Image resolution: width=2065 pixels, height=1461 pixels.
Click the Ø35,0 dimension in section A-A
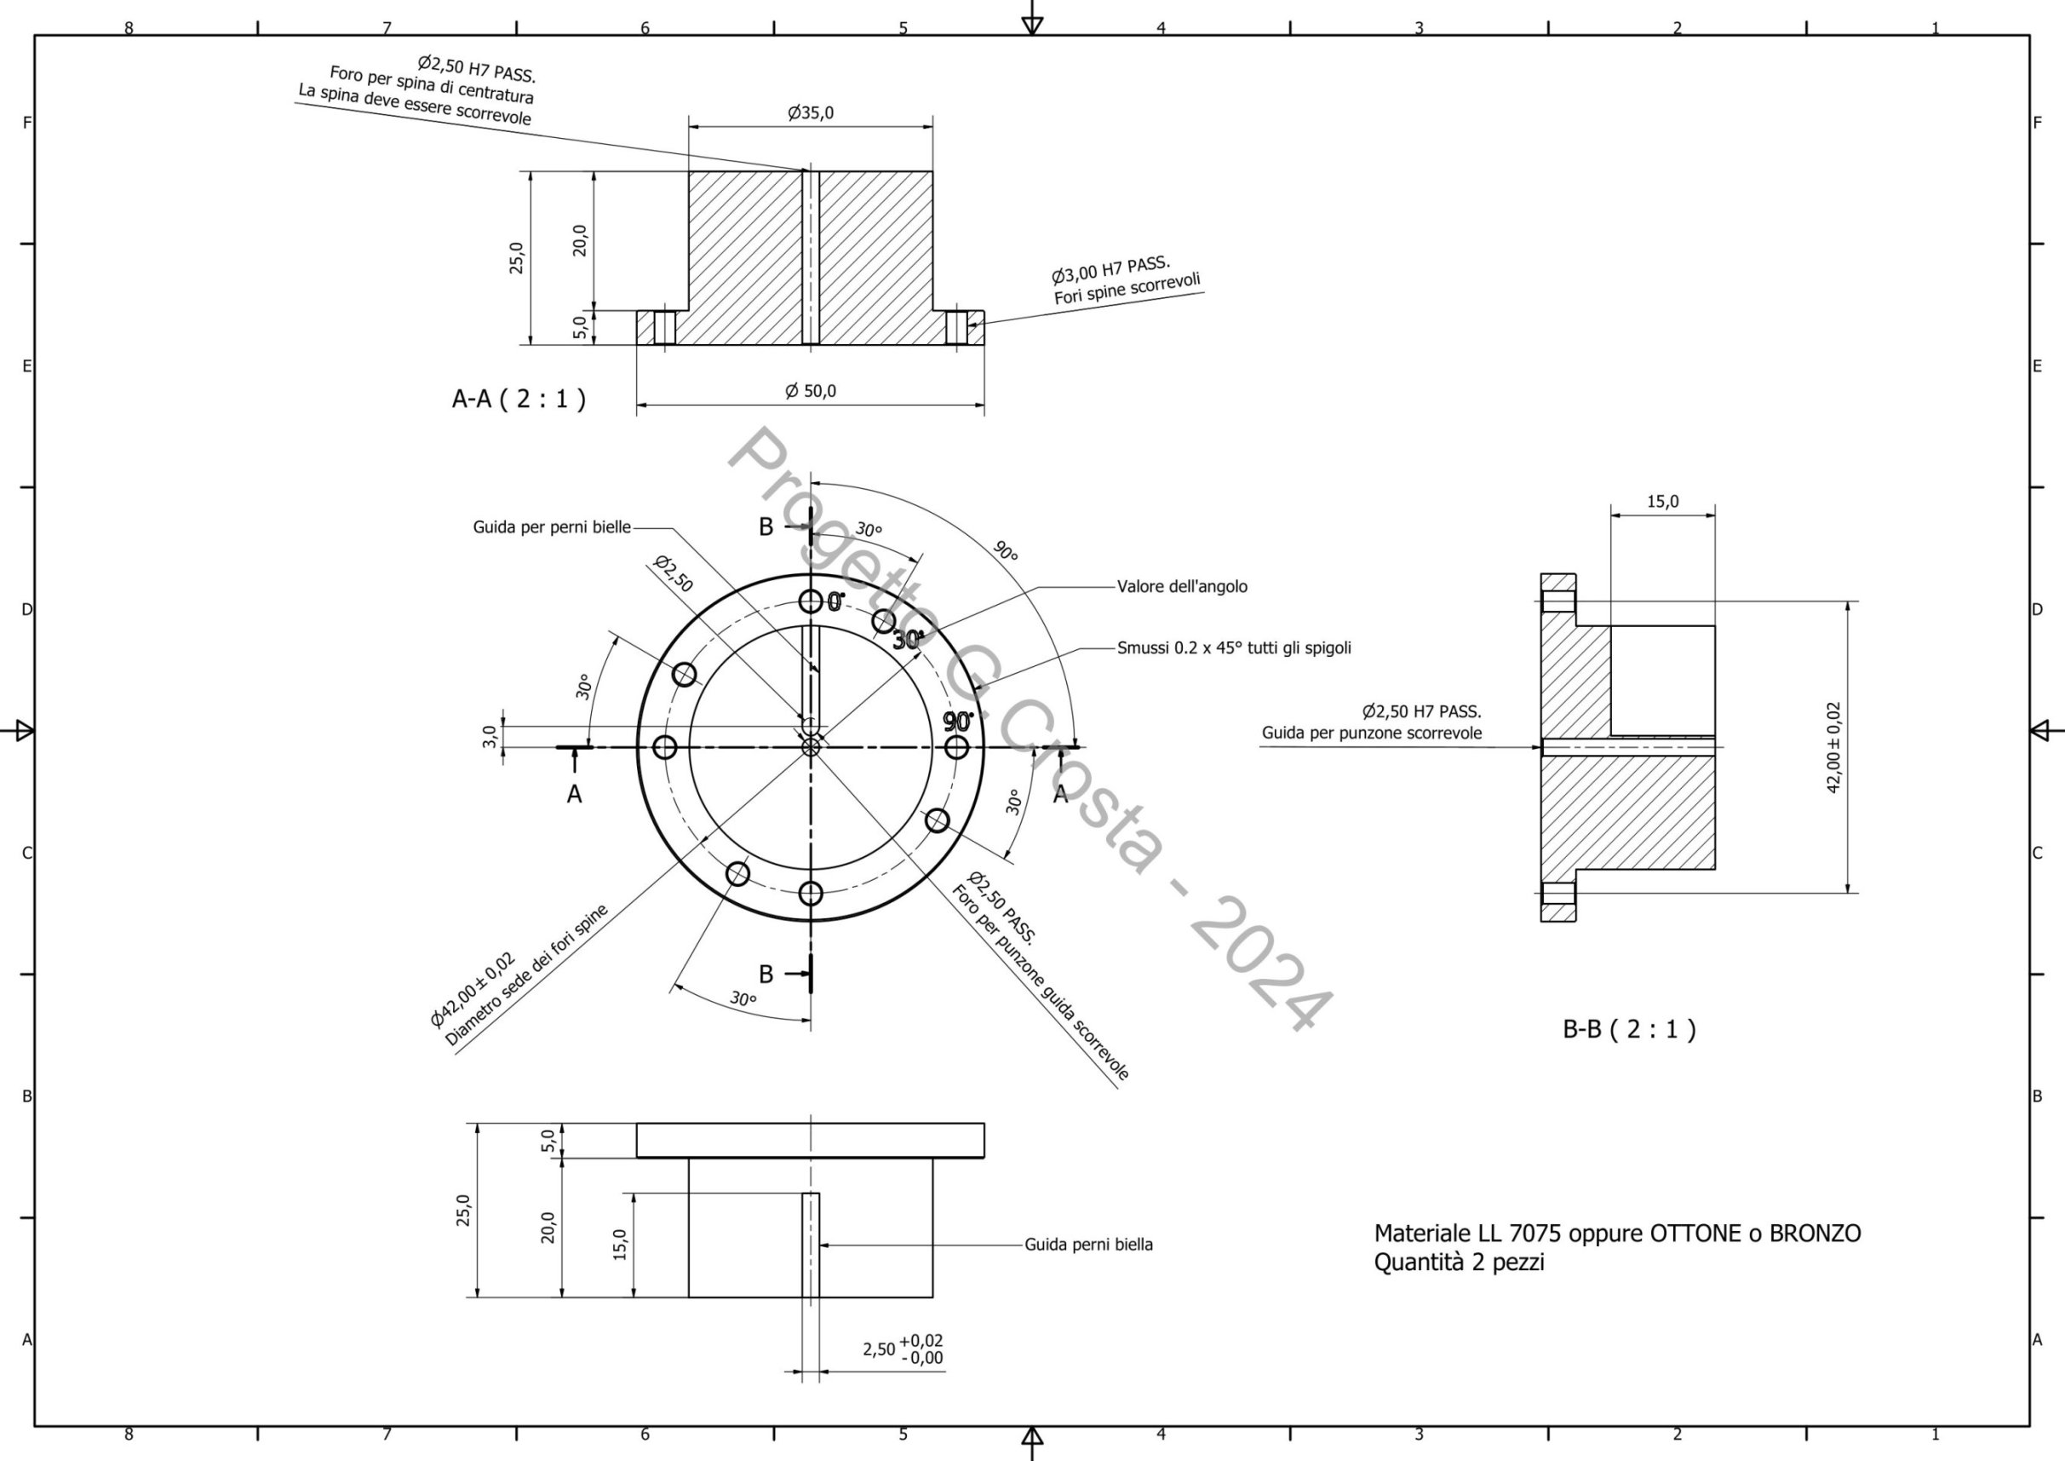tap(811, 113)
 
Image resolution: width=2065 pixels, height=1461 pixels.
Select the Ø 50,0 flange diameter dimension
tap(811, 391)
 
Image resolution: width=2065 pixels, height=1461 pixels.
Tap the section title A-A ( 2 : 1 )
tap(518, 399)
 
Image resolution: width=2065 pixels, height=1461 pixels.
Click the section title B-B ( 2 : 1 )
tap(1629, 1029)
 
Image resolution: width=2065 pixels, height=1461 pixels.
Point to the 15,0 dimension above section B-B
tap(1662, 502)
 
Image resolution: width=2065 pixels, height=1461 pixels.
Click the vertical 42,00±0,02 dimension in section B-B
tap(1833, 748)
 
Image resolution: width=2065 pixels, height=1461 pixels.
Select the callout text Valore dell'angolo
tap(1182, 587)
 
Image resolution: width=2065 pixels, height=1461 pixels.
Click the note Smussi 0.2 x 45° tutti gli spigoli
tap(1233, 647)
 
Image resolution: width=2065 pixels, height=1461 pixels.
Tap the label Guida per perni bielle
tap(551, 527)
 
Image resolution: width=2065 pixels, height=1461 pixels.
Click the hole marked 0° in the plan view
tap(811, 601)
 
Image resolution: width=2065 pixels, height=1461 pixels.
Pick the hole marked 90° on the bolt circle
tap(956, 748)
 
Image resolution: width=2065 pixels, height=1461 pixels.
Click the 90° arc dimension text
tap(1005, 550)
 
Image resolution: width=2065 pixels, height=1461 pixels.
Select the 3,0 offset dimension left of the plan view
tap(490, 737)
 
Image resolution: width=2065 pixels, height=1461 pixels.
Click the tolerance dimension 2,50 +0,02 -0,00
tap(903, 1349)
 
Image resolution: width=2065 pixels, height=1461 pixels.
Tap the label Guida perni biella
tap(1088, 1245)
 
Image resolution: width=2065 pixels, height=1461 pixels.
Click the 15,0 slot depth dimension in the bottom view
tap(620, 1245)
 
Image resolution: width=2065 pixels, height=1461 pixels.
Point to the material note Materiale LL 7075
tap(1617, 1234)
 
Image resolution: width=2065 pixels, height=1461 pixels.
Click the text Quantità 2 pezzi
tap(1459, 1263)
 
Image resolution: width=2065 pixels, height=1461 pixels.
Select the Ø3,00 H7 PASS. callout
tap(1110, 268)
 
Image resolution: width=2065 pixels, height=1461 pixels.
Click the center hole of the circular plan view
tap(811, 747)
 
